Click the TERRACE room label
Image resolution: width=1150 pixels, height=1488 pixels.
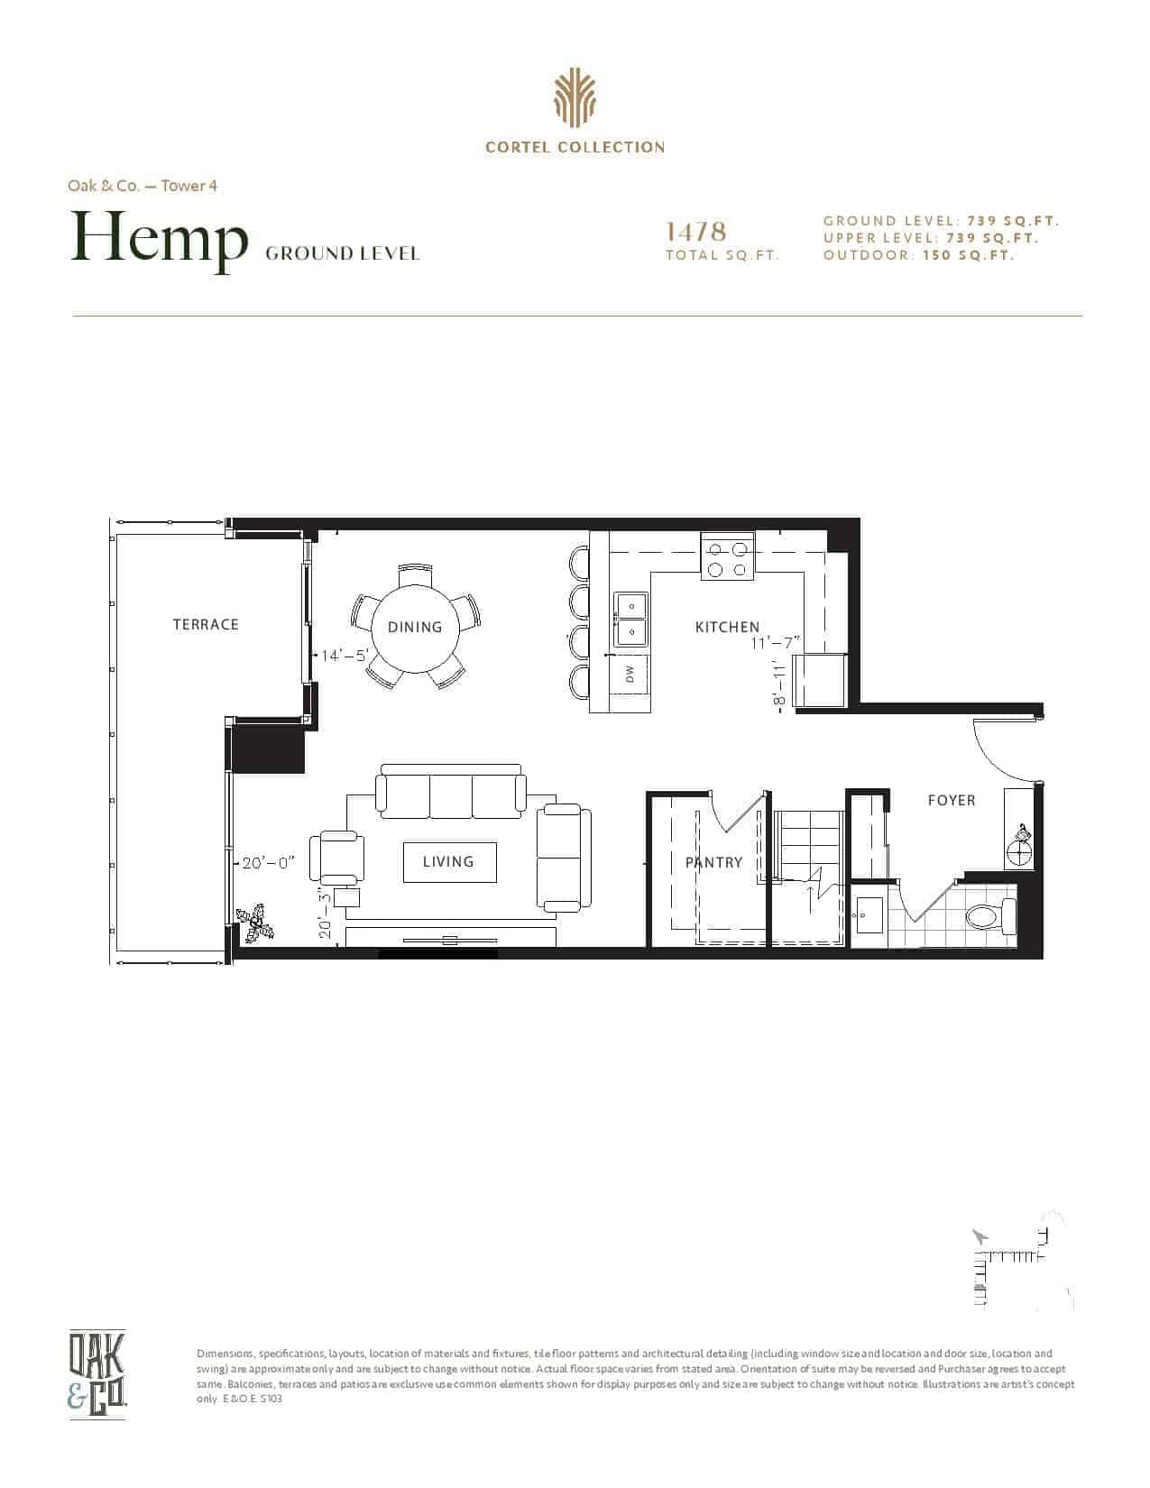pos(206,624)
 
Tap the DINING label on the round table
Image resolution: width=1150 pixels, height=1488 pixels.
pos(414,628)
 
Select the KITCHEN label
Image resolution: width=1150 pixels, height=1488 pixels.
pos(727,628)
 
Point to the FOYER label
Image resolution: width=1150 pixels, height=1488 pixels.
pos(952,801)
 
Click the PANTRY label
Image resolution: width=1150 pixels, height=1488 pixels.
pos(713,863)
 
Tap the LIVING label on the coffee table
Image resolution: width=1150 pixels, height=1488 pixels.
pos(448,861)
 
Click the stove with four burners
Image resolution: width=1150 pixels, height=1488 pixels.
pos(727,556)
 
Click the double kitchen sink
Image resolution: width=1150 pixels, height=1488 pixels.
pos(630,620)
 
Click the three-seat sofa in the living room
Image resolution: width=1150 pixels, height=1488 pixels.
pos(451,791)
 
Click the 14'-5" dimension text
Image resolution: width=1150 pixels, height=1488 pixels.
pos(345,656)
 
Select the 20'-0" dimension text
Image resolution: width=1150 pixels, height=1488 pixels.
pos(269,863)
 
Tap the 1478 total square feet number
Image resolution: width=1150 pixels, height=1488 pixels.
pos(696,232)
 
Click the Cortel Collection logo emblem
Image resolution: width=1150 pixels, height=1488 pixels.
pos(575,98)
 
